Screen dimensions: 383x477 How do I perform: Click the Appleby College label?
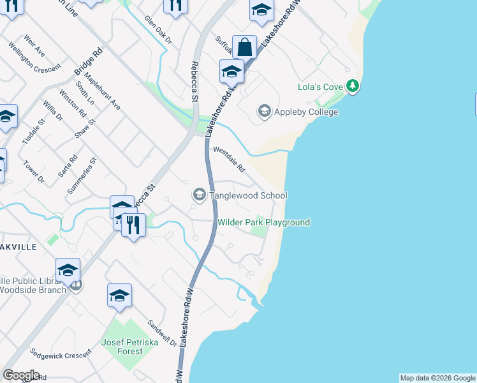[305, 112]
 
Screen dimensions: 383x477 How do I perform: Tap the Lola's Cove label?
[321, 87]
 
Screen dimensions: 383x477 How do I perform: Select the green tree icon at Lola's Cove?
[352, 86]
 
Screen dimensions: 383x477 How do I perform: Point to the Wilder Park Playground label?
[263, 222]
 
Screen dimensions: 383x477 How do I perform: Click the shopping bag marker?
[244, 47]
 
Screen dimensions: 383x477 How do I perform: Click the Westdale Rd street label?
[229, 160]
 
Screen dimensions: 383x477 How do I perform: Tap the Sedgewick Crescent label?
[60, 355]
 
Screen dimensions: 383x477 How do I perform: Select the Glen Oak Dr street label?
[158, 31]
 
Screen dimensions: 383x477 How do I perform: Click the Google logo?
[21, 375]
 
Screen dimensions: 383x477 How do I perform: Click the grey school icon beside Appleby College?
[264, 112]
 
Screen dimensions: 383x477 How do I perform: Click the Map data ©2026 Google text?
[437, 378]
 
